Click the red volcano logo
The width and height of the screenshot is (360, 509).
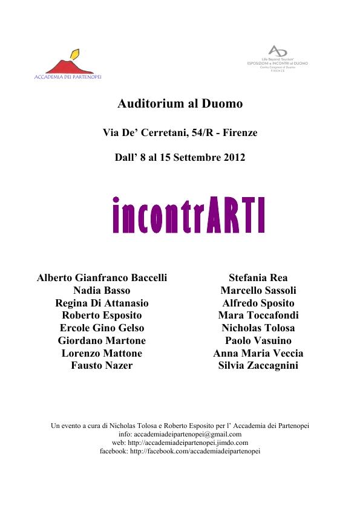click(x=66, y=65)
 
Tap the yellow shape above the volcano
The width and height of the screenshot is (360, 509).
click(x=75, y=53)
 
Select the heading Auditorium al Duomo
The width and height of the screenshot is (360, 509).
click(x=180, y=104)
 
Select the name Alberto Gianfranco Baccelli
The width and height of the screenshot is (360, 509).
click(x=102, y=278)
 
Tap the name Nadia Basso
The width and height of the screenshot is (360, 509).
click(x=102, y=291)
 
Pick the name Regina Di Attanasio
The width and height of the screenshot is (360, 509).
click(x=102, y=303)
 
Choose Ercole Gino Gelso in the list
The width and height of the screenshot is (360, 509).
click(x=102, y=328)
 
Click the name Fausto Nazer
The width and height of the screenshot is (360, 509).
click(x=102, y=366)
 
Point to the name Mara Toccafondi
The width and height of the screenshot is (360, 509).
click(x=258, y=316)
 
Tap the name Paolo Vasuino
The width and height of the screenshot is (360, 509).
click(x=258, y=341)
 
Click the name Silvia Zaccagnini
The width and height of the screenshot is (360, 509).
click(x=258, y=366)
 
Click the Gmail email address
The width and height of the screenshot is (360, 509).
click(x=188, y=434)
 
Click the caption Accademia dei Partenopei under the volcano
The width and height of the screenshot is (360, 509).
click(x=67, y=77)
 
